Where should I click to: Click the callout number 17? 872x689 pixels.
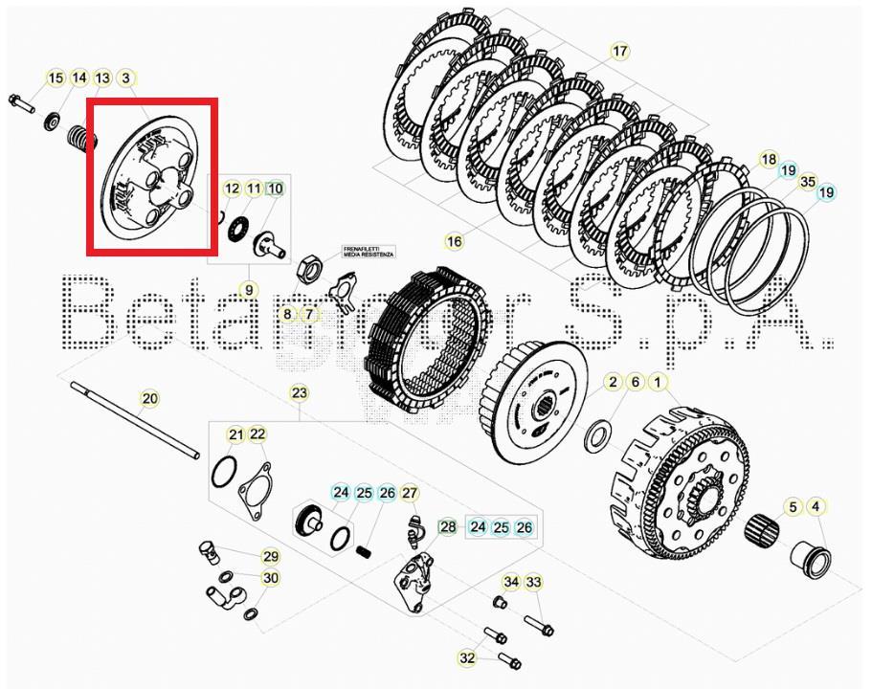coord(619,52)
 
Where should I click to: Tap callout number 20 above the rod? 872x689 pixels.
coord(149,399)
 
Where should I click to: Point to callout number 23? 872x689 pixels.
coord(300,393)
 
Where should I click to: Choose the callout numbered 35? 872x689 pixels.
coord(808,181)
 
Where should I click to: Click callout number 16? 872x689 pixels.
coord(454,241)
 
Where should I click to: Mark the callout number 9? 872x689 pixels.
coord(248,290)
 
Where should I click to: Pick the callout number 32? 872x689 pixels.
coord(467,658)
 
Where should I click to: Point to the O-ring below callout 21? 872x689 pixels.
coord(223,473)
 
